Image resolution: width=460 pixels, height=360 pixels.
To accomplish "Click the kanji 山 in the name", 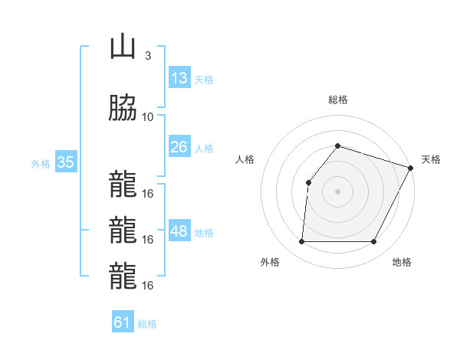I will [x=123, y=48].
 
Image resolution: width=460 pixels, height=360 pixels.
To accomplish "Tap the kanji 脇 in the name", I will [x=123, y=109].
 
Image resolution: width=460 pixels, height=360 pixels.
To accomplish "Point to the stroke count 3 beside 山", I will [x=147, y=56].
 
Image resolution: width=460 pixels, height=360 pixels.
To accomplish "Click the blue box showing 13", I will [x=179, y=78].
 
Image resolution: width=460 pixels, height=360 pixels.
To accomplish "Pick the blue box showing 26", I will [x=179, y=146].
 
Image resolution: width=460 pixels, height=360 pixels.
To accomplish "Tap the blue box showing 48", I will [x=179, y=231].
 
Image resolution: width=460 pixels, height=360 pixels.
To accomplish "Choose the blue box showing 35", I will [x=65, y=162].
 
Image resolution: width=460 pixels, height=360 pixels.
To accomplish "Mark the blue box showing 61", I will [x=123, y=322].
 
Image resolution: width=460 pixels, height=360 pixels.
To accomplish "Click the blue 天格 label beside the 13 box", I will [x=204, y=79].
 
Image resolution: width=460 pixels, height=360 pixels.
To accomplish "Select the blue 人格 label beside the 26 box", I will [x=204, y=147].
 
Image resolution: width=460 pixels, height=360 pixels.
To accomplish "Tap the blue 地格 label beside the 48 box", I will [x=204, y=232].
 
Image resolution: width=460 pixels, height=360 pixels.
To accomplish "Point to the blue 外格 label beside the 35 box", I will [x=41, y=163].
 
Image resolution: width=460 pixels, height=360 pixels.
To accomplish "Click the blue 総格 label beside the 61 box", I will [x=147, y=323].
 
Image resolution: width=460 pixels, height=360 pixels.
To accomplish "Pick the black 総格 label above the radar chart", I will [x=338, y=100].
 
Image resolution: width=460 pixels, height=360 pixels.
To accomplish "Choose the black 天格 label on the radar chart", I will [x=432, y=159].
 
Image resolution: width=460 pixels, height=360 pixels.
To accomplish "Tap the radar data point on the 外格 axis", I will [x=301, y=242].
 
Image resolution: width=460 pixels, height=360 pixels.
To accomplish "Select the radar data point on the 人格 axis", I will [x=308, y=182].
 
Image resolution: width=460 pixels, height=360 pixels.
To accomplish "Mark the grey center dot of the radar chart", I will [x=337, y=191].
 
